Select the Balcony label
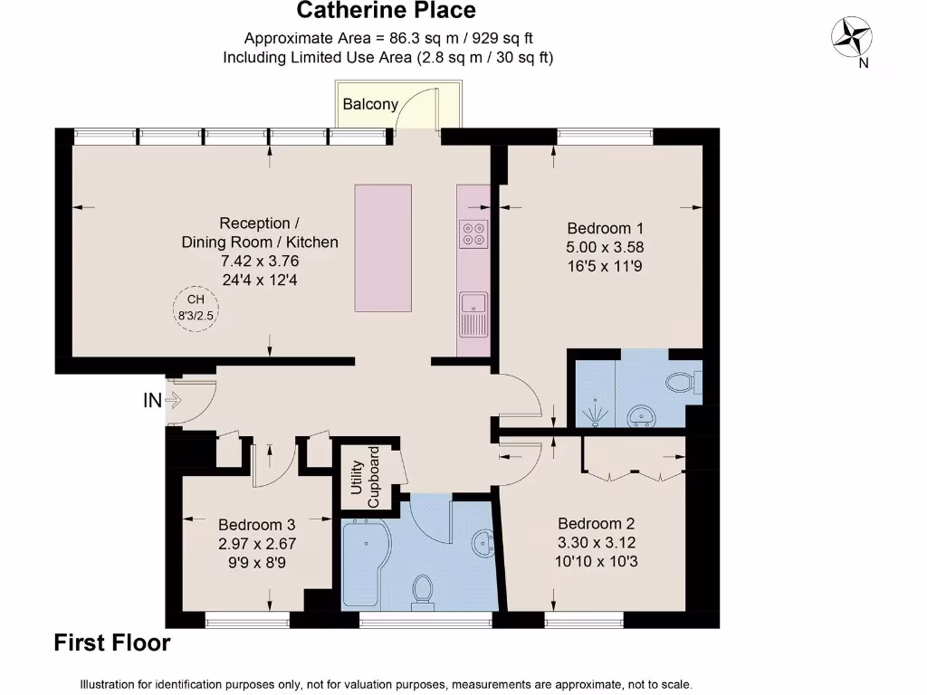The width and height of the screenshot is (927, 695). pyautogui.click(x=370, y=104)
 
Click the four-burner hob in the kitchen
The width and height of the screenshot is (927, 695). pyautogui.click(x=473, y=233)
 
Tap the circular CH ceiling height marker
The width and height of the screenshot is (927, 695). pyautogui.click(x=196, y=309)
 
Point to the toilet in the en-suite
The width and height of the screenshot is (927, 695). pyautogui.click(x=683, y=382)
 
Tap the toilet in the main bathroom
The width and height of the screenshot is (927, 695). pyautogui.click(x=421, y=590)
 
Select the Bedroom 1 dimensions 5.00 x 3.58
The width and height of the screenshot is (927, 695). pyautogui.click(x=606, y=247)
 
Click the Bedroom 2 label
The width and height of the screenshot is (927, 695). pyautogui.click(x=596, y=523)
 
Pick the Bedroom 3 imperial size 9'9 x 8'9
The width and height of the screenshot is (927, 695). pyautogui.click(x=257, y=562)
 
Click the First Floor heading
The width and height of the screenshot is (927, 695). pyautogui.click(x=112, y=643)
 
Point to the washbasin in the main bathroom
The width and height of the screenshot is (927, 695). pyautogui.click(x=482, y=543)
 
